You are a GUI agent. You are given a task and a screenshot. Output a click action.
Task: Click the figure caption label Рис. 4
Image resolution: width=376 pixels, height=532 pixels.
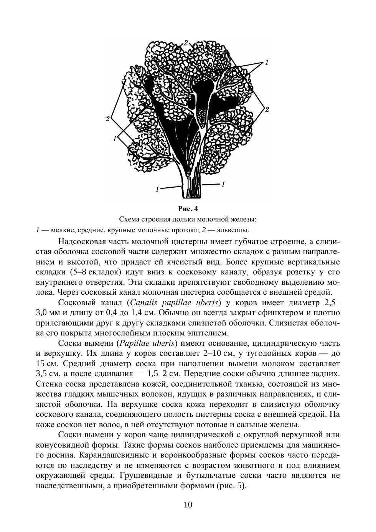tap(188, 209)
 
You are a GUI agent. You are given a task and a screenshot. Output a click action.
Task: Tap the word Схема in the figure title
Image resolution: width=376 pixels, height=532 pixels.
tap(129, 220)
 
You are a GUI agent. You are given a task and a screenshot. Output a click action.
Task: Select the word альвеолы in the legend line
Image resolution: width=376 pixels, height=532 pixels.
tap(233, 230)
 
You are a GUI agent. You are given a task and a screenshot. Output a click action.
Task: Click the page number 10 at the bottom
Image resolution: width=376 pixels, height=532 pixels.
tap(188, 504)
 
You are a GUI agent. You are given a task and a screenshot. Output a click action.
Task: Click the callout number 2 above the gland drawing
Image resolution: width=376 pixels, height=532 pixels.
tap(186, 43)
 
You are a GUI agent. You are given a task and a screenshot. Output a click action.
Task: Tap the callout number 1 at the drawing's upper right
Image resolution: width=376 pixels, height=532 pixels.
tap(266, 63)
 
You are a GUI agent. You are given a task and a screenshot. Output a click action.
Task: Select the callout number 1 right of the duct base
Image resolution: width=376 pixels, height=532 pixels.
tap(223, 184)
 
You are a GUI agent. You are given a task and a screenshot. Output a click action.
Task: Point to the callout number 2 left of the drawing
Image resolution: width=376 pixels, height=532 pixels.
tap(108, 119)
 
